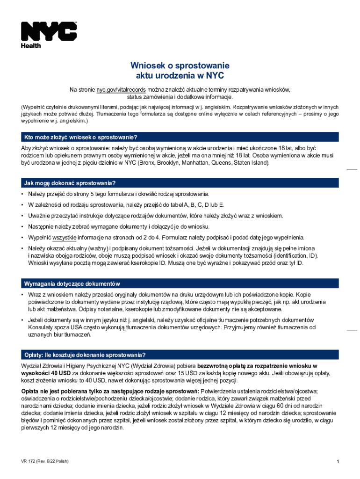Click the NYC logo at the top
(x=49, y=31)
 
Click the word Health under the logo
(x=31, y=46)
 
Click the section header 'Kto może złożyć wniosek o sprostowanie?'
(x=80, y=137)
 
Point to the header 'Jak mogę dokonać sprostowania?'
(x=70, y=182)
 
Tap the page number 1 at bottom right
(x=337, y=462)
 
